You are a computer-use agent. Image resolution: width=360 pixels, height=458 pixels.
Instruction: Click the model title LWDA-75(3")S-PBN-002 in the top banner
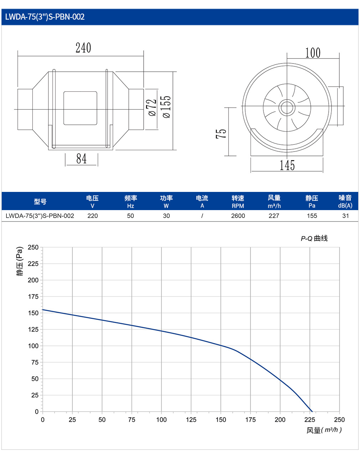point(45,17)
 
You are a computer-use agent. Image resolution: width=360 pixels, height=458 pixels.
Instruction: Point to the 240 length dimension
point(83,48)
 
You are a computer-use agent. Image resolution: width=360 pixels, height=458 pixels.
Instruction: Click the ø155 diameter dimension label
point(166,107)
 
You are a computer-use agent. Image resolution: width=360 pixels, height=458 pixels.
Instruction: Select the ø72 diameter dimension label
point(153,108)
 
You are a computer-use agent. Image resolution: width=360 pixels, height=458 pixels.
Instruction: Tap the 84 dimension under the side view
point(81,159)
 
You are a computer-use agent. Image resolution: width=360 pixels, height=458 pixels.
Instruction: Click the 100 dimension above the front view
point(313,53)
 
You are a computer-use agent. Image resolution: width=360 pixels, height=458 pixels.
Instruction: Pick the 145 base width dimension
point(287,166)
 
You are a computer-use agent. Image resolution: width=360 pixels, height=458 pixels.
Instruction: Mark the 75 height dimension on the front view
point(221,134)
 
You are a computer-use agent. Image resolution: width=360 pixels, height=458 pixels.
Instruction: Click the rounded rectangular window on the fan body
point(81,108)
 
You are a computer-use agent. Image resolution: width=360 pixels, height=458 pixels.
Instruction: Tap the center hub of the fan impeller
point(287,108)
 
